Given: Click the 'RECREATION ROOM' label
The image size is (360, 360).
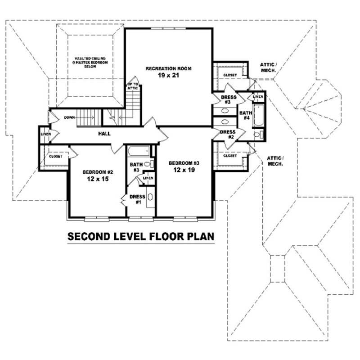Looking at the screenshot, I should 169,68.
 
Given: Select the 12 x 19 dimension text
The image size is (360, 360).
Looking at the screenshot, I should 183,170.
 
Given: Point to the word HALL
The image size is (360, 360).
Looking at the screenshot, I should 104,134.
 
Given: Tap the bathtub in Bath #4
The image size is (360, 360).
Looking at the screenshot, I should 258,114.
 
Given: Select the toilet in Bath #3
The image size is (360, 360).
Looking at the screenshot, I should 152,165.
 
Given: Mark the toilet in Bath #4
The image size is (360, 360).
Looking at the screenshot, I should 257,135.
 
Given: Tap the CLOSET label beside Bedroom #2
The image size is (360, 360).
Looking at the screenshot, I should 55,157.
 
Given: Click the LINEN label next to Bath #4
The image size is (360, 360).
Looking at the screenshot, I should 258,97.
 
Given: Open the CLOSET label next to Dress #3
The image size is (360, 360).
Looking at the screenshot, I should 230,75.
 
